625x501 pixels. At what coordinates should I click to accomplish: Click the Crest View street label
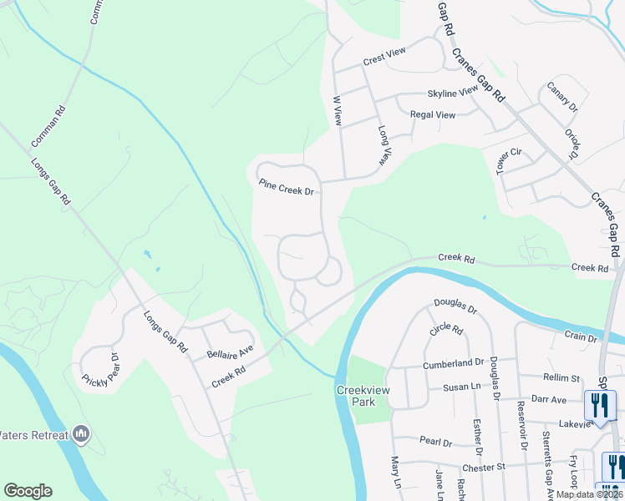click(384, 57)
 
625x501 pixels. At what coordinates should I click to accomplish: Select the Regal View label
click(432, 114)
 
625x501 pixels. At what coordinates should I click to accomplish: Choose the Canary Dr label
click(562, 96)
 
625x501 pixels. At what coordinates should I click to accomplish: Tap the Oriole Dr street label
click(572, 144)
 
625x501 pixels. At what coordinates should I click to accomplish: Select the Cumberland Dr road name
click(453, 362)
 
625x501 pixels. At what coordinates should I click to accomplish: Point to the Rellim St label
click(561, 378)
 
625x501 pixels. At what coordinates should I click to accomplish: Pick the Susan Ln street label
click(460, 388)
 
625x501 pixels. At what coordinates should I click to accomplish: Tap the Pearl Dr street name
click(435, 442)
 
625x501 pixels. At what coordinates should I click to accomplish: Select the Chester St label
click(482, 468)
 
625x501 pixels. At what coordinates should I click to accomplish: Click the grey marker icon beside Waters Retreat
click(81, 433)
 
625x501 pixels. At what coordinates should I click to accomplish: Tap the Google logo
click(28, 491)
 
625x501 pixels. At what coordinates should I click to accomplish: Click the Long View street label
click(384, 145)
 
